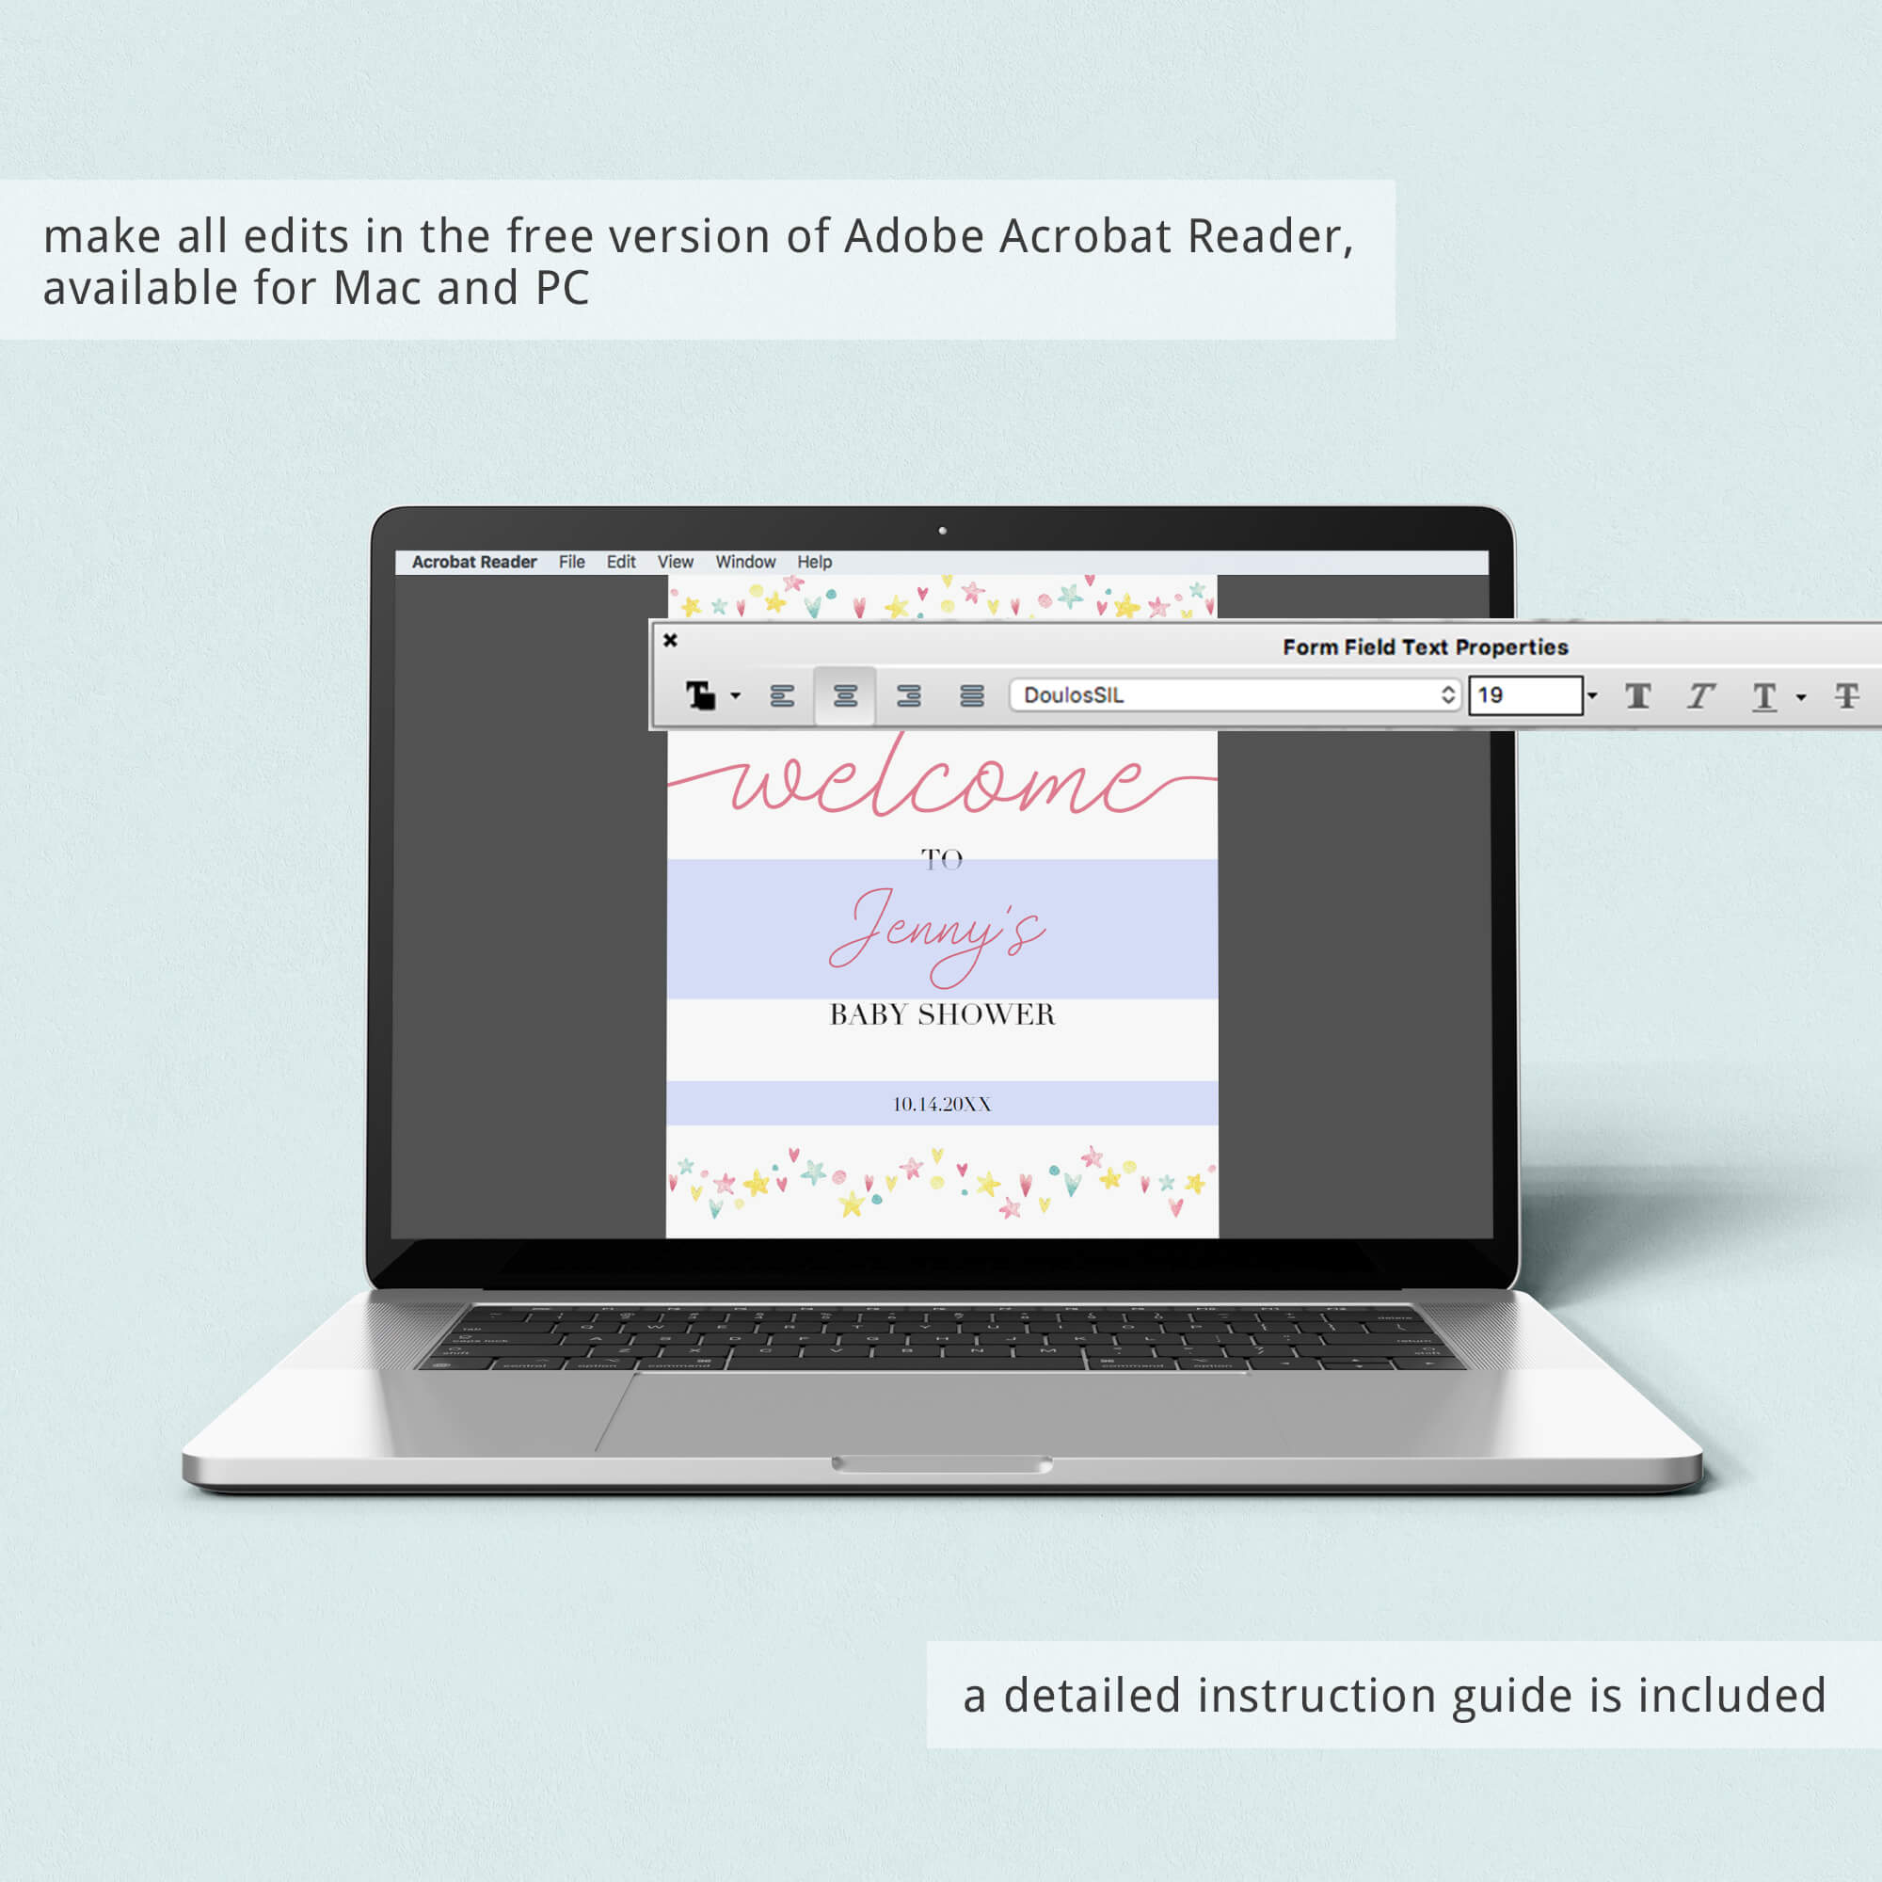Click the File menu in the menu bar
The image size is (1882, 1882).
(x=572, y=562)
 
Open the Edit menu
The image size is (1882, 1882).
(x=620, y=562)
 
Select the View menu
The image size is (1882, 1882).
(x=675, y=562)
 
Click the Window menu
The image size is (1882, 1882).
(x=745, y=562)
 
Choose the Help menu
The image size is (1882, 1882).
(x=814, y=562)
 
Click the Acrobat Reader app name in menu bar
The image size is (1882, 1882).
(x=474, y=562)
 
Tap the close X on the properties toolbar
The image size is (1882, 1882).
(x=670, y=640)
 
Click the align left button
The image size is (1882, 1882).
(x=782, y=695)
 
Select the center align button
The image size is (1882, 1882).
(x=845, y=695)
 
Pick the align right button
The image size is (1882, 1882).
(x=909, y=695)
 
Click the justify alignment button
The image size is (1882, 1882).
(x=971, y=695)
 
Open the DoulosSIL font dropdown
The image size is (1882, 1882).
(x=1236, y=695)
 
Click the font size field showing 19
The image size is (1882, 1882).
(x=1525, y=695)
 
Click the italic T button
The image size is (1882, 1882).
(x=1700, y=695)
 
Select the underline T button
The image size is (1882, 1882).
(x=1764, y=696)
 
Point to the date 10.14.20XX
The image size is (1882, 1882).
(x=942, y=1104)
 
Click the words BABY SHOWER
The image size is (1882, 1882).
(x=942, y=1014)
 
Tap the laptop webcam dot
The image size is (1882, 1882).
(x=942, y=531)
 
